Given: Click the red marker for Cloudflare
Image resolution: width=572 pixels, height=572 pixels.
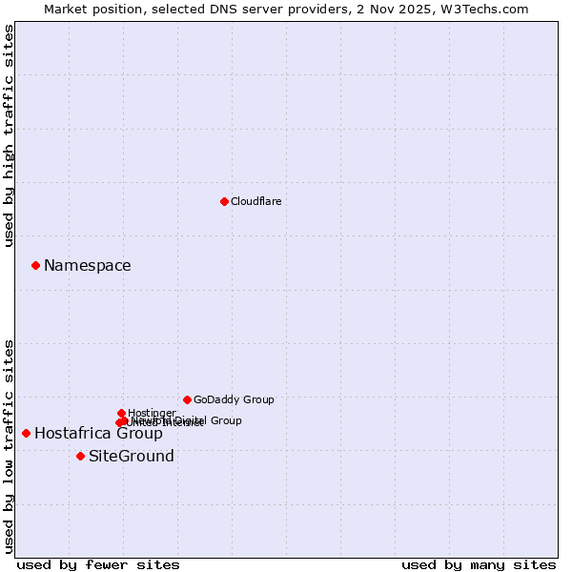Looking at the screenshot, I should click(224, 201).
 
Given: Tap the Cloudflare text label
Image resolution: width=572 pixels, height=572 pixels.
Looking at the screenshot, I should click(256, 201).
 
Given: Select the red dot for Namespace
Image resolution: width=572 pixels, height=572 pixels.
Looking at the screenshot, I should click(35, 265).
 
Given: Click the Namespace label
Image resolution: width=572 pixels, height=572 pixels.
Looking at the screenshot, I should click(88, 266).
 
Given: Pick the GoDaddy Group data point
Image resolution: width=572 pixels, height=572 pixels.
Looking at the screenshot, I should click(187, 399).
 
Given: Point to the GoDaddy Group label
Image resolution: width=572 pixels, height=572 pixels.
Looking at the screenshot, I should click(234, 399).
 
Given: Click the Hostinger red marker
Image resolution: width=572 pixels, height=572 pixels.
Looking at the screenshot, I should click(121, 413).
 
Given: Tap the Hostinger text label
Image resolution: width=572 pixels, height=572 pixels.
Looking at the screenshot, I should click(152, 413).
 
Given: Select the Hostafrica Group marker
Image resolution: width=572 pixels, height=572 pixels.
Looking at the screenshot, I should click(26, 433).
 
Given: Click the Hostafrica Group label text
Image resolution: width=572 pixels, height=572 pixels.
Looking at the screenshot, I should click(98, 434).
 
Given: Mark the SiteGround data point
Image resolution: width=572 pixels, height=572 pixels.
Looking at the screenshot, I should click(80, 456).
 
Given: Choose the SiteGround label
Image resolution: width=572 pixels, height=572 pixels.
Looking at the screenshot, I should click(132, 457).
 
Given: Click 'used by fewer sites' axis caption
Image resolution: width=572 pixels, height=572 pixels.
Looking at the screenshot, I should click(98, 564).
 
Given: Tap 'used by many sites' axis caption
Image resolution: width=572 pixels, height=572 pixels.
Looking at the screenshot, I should click(479, 564).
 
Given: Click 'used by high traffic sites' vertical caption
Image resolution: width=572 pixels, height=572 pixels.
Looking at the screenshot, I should click(9, 136).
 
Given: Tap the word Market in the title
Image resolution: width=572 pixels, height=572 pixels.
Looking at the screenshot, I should click(67, 9).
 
